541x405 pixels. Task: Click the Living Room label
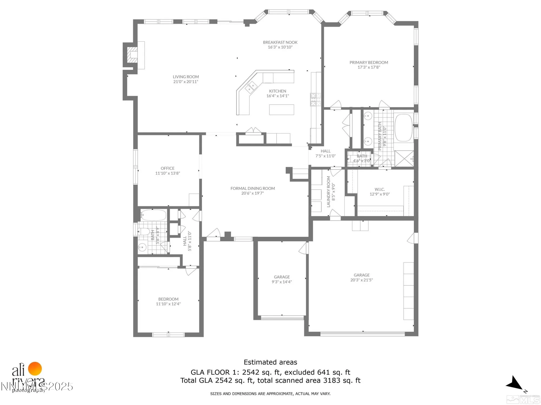pos(186,77)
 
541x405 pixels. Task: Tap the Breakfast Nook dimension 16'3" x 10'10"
pos(280,47)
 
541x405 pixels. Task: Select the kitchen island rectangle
pos(281,110)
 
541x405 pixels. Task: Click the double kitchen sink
pos(251,87)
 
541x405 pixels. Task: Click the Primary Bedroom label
pos(368,63)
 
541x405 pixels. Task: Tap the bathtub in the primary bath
pos(403,128)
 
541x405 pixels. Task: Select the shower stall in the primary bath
pos(404,158)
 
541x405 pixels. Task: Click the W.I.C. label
pos(380,190)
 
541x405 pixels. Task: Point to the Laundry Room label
pos(329,192)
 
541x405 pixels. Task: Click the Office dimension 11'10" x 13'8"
pos(167,173)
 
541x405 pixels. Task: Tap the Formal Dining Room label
pos(252,188)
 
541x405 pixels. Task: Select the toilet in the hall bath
pos(144,231)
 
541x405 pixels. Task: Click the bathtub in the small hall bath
pos(153,215)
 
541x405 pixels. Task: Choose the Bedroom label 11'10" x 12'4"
pos(168,299)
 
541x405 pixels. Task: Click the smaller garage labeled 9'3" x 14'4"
pos(282,279)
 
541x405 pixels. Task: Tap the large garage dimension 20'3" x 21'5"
pos(361,280)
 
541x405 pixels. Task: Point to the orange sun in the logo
pos(35,369)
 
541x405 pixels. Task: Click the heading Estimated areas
pos(270,362)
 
